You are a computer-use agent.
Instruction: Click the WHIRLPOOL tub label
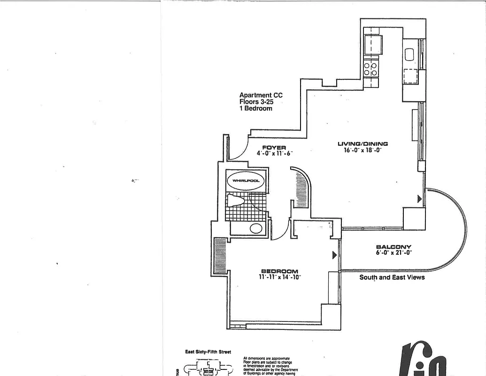[x=246, y=180]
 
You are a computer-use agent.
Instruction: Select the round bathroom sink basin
[x=256, y=228]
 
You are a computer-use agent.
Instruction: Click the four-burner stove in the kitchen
[x=371, y=69]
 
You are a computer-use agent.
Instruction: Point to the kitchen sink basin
[x=409, y=55]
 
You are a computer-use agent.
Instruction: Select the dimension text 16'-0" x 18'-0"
[x=363, y=150]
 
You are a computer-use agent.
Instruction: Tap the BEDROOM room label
[x=280, y=271]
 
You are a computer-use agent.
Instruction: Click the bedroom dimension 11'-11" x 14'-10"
[x=280, y=277]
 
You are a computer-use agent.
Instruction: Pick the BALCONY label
[x=393, y=247]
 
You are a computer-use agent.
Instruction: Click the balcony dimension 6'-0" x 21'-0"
[x=393, y=252]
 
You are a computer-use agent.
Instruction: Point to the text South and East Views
[x=392, y=277]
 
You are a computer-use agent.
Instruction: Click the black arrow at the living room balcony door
[x=420, y=199]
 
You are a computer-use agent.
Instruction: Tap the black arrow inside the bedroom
[x=334, y=255]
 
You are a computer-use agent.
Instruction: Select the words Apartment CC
[x=261, y=95]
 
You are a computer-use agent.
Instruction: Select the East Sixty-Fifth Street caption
[x=207, y=352]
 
